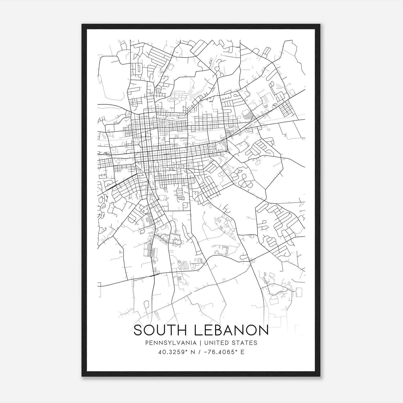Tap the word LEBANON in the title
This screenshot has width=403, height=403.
click(231, 330)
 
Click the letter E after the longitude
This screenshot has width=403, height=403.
click(242, 352)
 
